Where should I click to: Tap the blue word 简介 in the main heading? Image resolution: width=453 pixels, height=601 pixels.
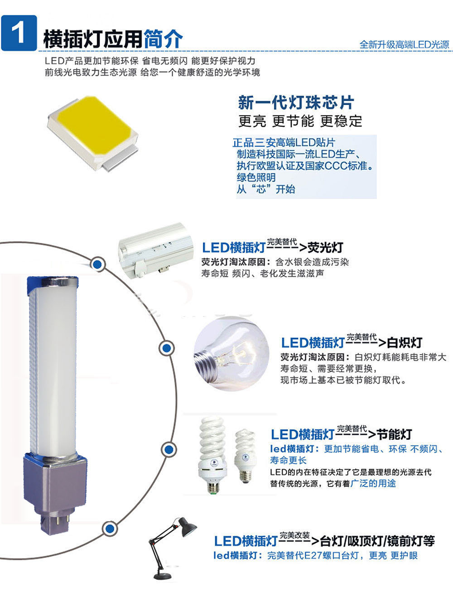163,39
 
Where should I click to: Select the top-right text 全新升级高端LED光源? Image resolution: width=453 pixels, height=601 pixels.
405,45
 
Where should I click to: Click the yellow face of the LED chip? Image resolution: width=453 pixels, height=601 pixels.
94,124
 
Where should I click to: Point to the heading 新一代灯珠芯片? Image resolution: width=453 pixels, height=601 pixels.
296,103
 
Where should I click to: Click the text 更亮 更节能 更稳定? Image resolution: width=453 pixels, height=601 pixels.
300,121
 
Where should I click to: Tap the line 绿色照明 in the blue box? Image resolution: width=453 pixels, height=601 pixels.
256,178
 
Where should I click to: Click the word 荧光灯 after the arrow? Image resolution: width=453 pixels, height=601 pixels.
325,248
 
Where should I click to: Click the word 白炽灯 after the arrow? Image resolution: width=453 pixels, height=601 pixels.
405,342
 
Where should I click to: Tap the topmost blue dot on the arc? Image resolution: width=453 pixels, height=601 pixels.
97,264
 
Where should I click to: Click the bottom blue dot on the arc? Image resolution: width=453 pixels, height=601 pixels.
110,529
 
